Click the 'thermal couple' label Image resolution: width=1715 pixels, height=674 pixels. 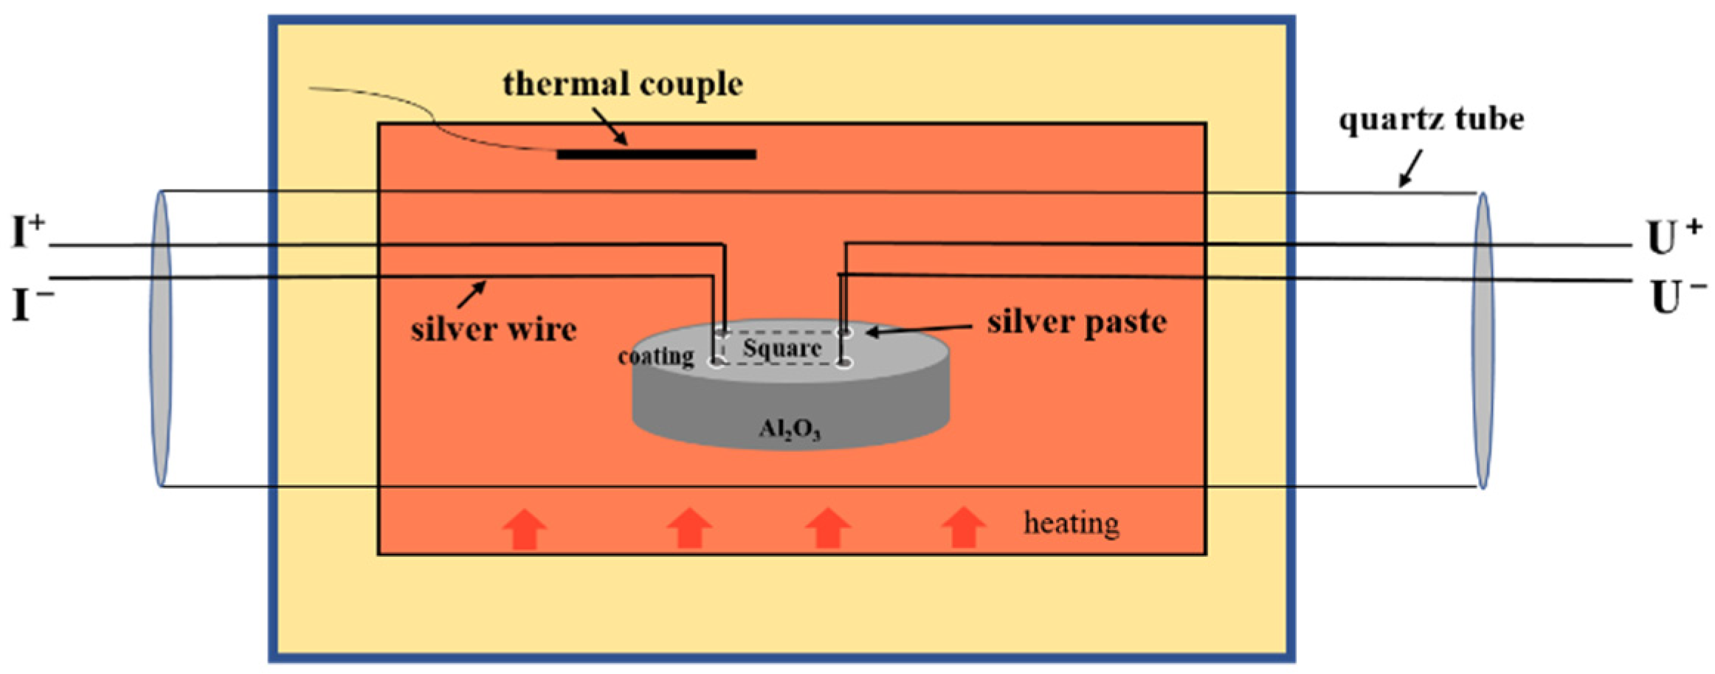pyautogui.click(x=622, y=84)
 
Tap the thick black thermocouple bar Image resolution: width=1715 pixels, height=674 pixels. pyautogui.click(x=656, y=154)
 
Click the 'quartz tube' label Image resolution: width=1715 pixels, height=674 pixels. pyautogui.click(x=1431, y=119)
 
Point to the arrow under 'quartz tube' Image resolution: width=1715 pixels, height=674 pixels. pyautogui.click(x=1410, y=169)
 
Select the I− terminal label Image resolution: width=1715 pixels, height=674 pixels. pyautogui.click(x=31, y=304)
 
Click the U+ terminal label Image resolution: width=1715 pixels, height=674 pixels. pyautogui.click(x=1673, y=237)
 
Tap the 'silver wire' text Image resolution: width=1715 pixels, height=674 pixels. pyautogui.click(x=493, y=329)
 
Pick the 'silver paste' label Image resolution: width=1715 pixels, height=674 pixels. pyautogui.click(x=1077, y=322)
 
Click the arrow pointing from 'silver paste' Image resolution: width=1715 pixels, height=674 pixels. pyautogui.click(x=919, y=330)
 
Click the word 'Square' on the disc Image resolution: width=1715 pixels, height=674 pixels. pyautogui.click(x=781, y=348)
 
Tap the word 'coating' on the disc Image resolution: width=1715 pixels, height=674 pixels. pyautogui.click(x=655, y=357)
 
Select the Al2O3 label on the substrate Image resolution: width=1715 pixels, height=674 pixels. pyautogui.click(x=790, y=429)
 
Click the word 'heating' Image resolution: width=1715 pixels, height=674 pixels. pyautogui.click(x=1071, y=524)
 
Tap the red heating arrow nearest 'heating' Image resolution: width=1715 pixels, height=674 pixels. pyautogui.click(x=964, y=527)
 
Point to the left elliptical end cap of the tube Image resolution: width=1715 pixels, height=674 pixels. pyautogui.click(x=161, y=338)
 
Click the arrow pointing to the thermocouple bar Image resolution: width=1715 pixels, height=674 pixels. pyautogui.click(x=610, y=127)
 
